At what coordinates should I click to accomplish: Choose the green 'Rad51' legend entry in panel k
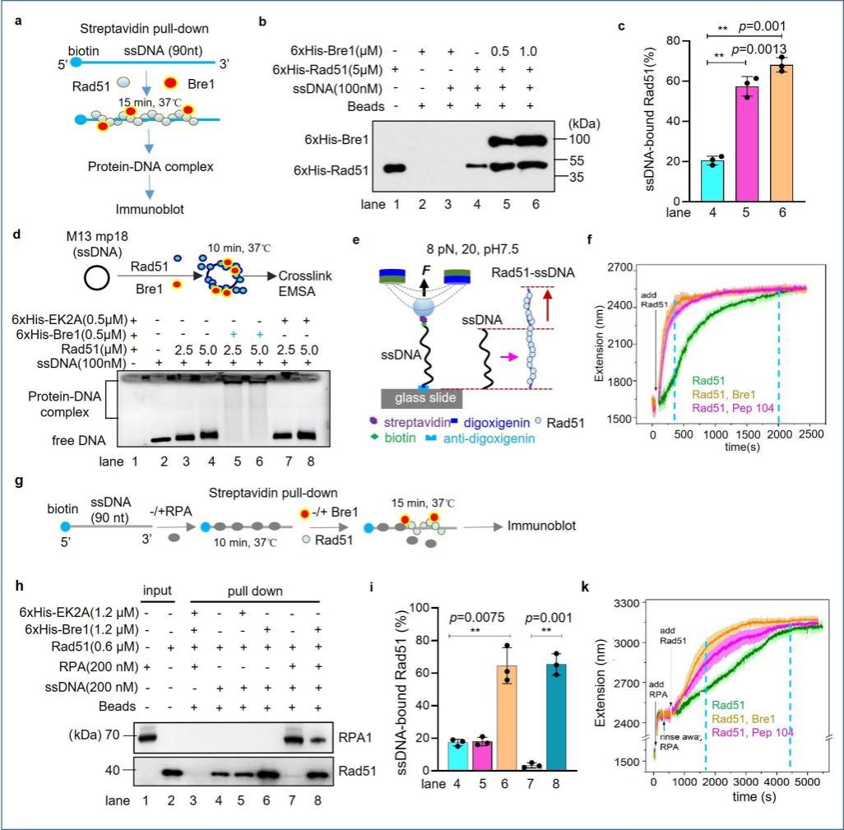pyautogui.click(x=730, y=704)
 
